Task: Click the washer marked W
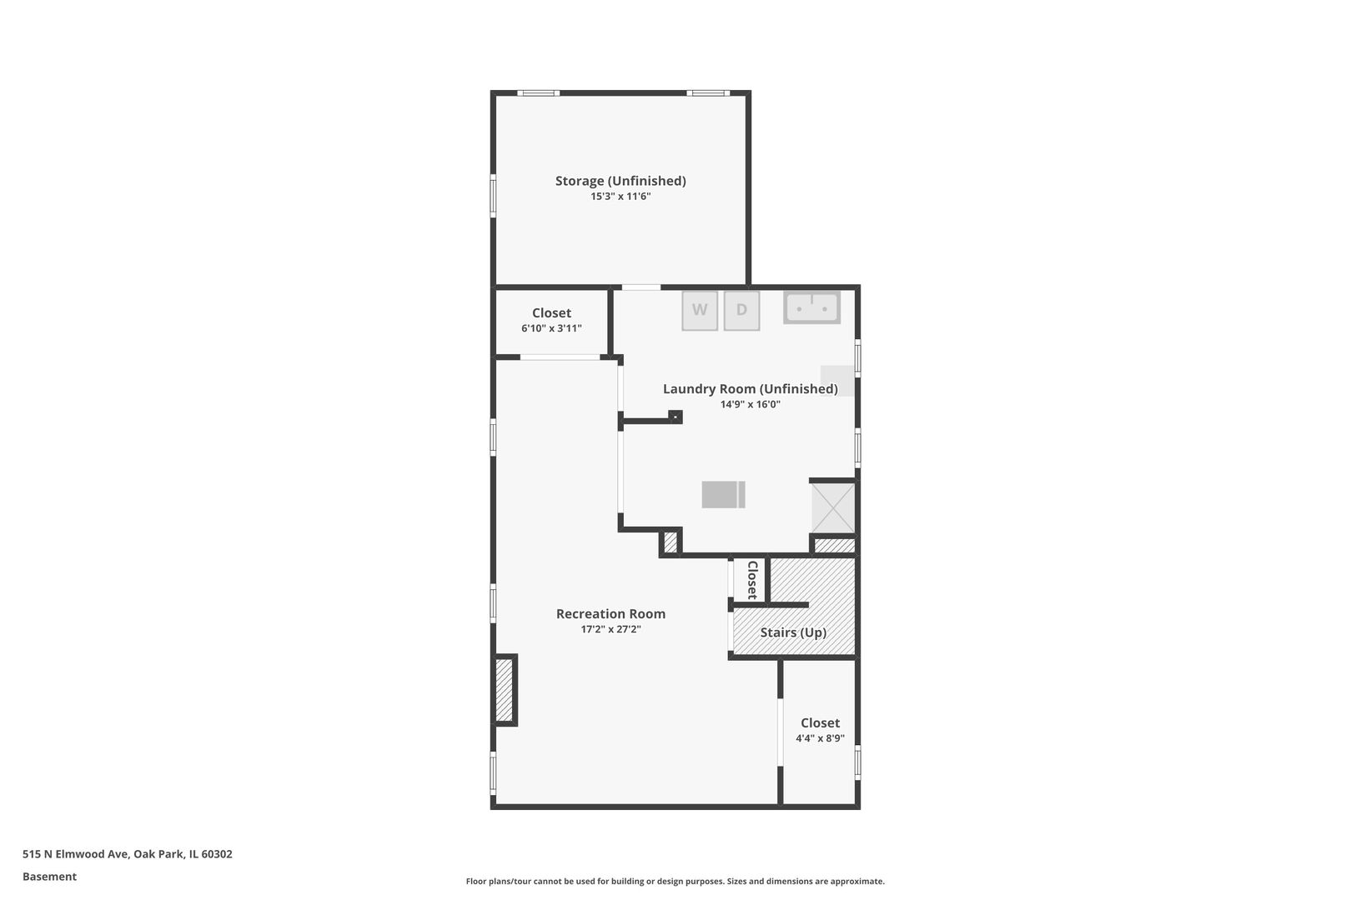[x=700, y=311]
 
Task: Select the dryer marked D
[x=741, y=311]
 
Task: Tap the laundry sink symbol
[x=811, y=308]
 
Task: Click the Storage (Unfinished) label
[x=620, y=181]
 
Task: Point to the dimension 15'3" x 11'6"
[x=620, y=197]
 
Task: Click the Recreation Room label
[x=610, y=613]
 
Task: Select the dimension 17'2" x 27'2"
[x=610, y=629]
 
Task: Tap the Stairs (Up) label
[x=793, y=632]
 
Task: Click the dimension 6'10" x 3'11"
[x=551, y=328]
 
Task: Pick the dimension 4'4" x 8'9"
[x=820, y=738]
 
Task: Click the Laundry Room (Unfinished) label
[x=751, y=389]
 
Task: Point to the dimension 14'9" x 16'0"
[x=751, y=404]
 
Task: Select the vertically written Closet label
[x=752, y=580]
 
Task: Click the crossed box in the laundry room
[x=833, y=507]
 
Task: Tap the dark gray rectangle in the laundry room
[x=723, y=494]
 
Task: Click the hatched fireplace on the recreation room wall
[x=505, y=690]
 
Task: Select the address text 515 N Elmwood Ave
[x=75, y=854]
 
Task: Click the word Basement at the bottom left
[x=49, y=877]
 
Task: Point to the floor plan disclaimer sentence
[x=675, y=882]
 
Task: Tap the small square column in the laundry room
[x=675, y=417]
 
